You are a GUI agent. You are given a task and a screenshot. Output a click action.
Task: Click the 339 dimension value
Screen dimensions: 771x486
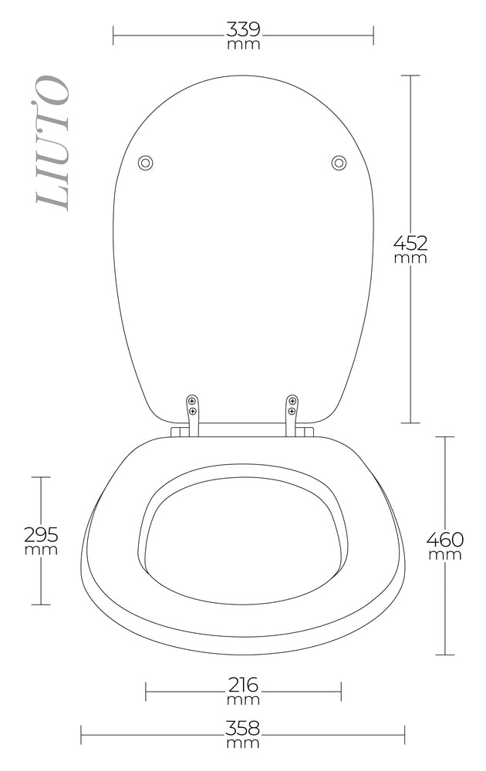pos(243,30)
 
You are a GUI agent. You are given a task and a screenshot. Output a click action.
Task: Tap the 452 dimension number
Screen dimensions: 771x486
pos(410,243)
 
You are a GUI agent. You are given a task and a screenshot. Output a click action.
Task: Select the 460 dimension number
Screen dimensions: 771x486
pos(445,539)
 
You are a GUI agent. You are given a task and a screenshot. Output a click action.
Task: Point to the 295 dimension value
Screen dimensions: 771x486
pos(41,534)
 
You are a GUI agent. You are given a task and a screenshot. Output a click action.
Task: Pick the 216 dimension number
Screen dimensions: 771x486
pos(243,685)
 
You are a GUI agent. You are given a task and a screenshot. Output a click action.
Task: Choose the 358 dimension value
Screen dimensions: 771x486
pos(243,728)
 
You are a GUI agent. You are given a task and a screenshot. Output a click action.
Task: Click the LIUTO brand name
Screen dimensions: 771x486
pos(52,143)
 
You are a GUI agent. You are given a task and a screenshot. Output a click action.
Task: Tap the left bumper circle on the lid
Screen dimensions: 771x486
pos(145,163)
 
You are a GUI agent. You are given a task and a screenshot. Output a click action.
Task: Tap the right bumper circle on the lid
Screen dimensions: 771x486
pos(339,163)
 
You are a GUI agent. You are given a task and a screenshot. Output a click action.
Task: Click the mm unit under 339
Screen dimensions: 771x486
pos(243,45)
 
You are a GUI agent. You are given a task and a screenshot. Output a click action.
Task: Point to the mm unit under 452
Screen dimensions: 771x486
pos(410,258)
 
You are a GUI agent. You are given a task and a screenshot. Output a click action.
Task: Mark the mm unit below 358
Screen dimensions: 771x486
pos(243,743)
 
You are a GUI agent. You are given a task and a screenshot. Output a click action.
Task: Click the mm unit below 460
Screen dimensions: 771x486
pos(445,554)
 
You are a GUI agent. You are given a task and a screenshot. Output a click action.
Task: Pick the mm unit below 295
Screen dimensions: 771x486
pos(41,550)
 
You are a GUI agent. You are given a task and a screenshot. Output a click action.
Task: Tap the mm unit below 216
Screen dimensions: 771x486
pos(243,700)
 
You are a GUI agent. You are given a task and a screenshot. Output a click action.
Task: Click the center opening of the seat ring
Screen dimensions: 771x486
pos(243,540)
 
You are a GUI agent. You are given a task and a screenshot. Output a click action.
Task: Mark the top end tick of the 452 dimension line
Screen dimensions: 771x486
pos(410,76)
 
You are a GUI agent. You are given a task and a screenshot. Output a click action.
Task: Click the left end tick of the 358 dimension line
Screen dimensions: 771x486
pos(81,735)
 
